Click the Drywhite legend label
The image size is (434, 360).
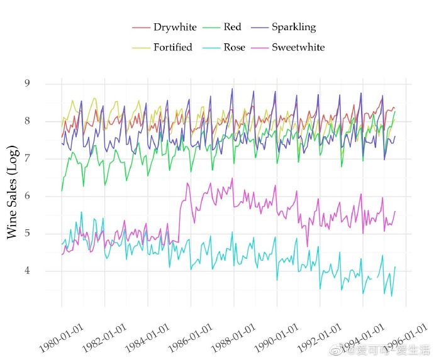pyautogui.click(x=175, y=27)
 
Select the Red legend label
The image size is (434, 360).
pyautogui.click(x=232, y=27)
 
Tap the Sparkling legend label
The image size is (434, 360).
pyautogui.click(x=294, y=27)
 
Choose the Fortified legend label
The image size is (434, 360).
pyautogui.click(x=173, y=47)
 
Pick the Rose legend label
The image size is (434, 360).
pyautogui.click(x=234, y=47)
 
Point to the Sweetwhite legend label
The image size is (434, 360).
pyautogui.click(x=298, y=47)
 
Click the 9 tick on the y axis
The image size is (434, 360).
pyautogui.click(x=27, y=83)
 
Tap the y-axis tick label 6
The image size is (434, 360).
pyautogui.click(x=27, y=196)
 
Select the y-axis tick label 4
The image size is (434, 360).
pyautogui.click(x=27, y=270)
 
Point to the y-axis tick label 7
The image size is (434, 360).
pyautogui.click(x=27, y=158)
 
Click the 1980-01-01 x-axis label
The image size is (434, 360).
pyautogui.click(x=62, y=338)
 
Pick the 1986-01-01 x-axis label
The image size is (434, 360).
pyautogui.click(x=191, y=338)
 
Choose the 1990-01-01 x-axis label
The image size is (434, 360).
pyautogui.click(x=277, y=338)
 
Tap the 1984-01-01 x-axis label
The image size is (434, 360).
pyautogui.click(x=147, y=338)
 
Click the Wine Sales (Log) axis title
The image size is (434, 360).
pyautogui.click(x=13, y=192)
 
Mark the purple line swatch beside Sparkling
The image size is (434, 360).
pyautogui.click(x=260, y=28)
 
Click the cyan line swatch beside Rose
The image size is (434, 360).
pyautogui.click(x=211, y=48)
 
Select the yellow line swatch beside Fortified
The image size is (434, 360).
pyautogui.click(x=141, y=48)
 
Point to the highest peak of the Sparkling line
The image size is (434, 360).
pyautogui.click(x=232, y=89)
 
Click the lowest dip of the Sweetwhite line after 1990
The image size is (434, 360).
pyautogui.click(x=307, y=246)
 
